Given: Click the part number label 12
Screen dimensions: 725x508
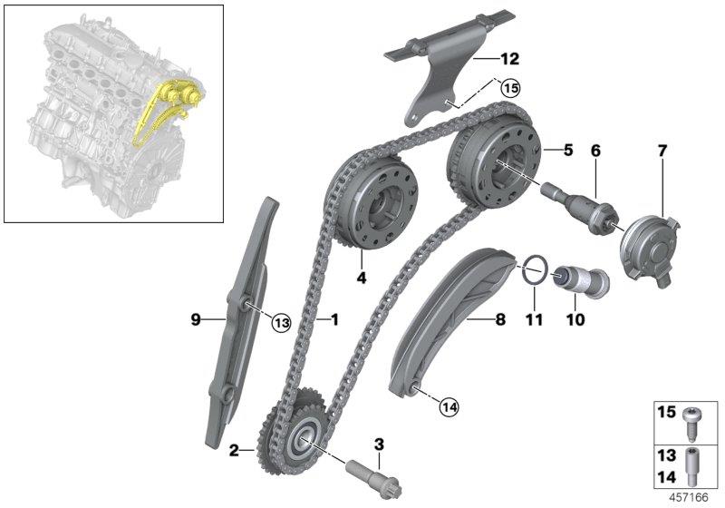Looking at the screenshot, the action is [509, 59].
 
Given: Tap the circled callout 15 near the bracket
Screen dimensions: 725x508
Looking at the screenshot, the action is [510, 88].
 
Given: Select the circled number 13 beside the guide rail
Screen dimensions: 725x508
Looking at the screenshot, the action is [281, 322].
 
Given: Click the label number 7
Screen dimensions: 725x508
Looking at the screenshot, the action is [662, 151].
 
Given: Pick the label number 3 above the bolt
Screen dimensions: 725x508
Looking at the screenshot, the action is [379, 444].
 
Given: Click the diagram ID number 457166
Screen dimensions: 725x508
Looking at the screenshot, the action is [689, 498].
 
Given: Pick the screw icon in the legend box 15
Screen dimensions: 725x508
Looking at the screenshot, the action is [688, 425].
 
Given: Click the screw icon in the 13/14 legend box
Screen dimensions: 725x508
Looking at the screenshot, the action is [691, 466].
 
